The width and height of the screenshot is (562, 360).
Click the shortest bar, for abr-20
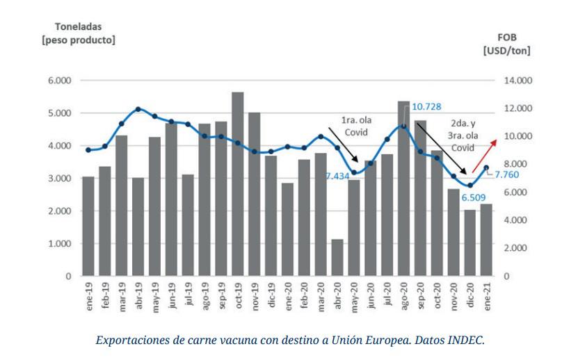(x=337, y=258)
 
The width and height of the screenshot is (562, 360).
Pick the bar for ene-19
(x=88, y=227)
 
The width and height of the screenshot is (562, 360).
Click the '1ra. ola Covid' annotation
(x=355, y=126)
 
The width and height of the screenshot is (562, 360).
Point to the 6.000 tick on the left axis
(x=60, y=81)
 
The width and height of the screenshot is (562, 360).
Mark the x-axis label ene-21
(x=487, y=297)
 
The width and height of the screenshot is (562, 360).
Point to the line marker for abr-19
(x=138, y=109)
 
